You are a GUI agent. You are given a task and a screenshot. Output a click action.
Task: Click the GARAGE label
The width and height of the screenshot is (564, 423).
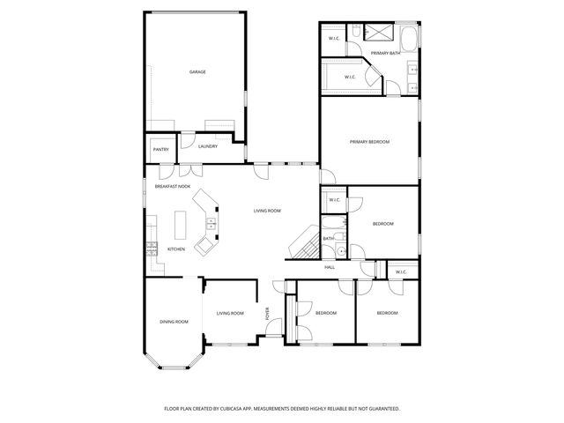click(x=197, y=71)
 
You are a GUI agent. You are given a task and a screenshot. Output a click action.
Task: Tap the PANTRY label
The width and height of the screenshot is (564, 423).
click(x=161, y=150)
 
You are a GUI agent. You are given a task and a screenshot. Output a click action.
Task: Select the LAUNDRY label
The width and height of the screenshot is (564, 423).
click(x=208, y=146)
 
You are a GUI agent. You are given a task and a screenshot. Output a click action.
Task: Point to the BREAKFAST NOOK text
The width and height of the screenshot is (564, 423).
click(x=173, y=187)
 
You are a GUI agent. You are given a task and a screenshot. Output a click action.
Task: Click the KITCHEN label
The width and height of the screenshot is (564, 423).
click(x=176, y=249)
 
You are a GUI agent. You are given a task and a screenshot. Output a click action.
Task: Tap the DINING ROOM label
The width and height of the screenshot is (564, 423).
click(x=174, y=322)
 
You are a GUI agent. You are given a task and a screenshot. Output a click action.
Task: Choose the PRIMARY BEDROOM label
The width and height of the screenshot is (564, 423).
click(x=369, y=142)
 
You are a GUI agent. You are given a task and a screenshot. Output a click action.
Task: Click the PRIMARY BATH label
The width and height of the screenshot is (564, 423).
click(x=386, y=54)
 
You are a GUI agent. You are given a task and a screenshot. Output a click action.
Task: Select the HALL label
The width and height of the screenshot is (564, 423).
click(x=330, y=267)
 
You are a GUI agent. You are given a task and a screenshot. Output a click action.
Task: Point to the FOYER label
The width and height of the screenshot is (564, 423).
click(x=268, y=314)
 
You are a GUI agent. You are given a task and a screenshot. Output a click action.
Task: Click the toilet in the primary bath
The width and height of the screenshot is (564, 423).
click(x=352, y=33)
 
